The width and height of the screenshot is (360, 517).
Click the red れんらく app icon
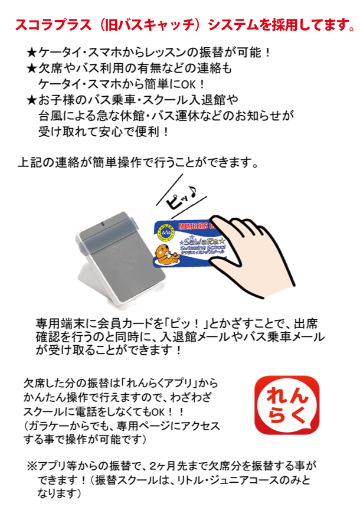coord(287,405)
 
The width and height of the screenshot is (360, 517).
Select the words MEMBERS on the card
coord(193,226)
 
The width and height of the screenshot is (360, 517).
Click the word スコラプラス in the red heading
coord(53,25)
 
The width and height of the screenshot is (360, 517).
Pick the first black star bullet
coord(32,53)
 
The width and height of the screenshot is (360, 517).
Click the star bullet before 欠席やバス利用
coord(32,68)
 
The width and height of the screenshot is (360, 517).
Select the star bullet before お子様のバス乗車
coord(32,100)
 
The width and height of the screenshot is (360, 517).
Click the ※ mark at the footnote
coord(32,466)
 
